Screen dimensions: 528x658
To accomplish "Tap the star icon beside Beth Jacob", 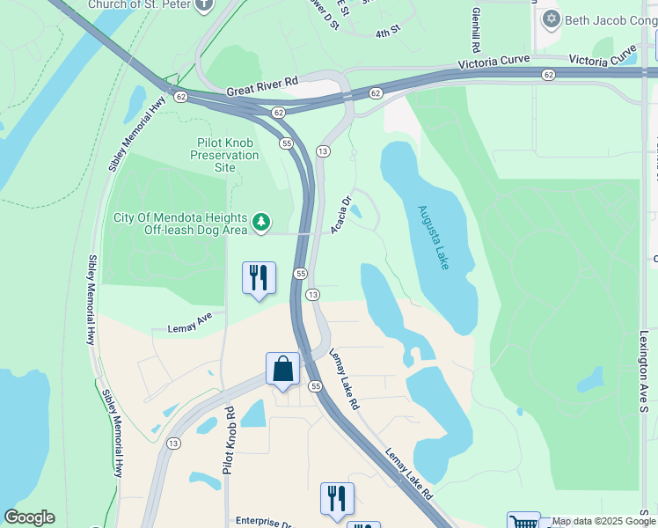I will coord(552,18).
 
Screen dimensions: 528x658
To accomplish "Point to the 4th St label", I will coord(387,33).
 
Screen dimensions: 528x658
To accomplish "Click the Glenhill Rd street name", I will coord(476,28).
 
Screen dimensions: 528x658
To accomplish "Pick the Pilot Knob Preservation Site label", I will coord(225,155).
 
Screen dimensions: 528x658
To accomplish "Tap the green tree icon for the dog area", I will coord(261,223).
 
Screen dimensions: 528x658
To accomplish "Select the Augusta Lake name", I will coord(435,237).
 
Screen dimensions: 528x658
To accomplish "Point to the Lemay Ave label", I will coord(190,326).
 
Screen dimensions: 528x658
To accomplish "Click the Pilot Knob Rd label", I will coord(229,440).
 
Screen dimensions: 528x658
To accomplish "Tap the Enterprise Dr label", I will coord(263,522).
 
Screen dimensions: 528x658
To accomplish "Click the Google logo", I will coord(29,517).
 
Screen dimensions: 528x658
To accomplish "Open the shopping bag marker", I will coord(282,370).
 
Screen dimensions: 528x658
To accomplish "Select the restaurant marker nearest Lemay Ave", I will coord(259,278).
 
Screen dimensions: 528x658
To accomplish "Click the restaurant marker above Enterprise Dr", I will coord(337,499).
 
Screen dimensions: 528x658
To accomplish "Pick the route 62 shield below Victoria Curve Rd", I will coord(548,75).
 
